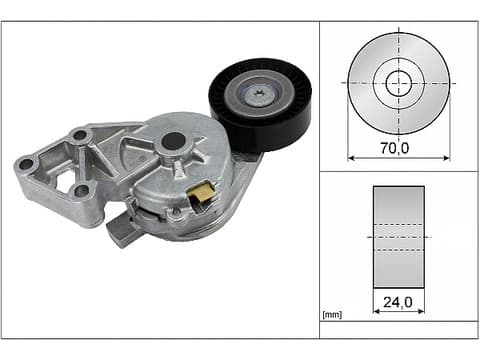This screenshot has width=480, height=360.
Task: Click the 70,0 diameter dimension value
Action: point(395,148)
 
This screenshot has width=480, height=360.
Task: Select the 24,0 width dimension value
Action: point(398,302)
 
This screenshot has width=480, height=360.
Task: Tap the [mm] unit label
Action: point(332,314)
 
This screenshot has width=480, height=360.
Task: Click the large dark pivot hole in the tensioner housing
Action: point(173,141)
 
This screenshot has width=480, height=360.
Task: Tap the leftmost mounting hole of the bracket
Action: point(26,164)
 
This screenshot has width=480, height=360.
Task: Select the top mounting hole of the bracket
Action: point(80,135)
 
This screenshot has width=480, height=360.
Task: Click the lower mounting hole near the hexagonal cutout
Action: point(80,191)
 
